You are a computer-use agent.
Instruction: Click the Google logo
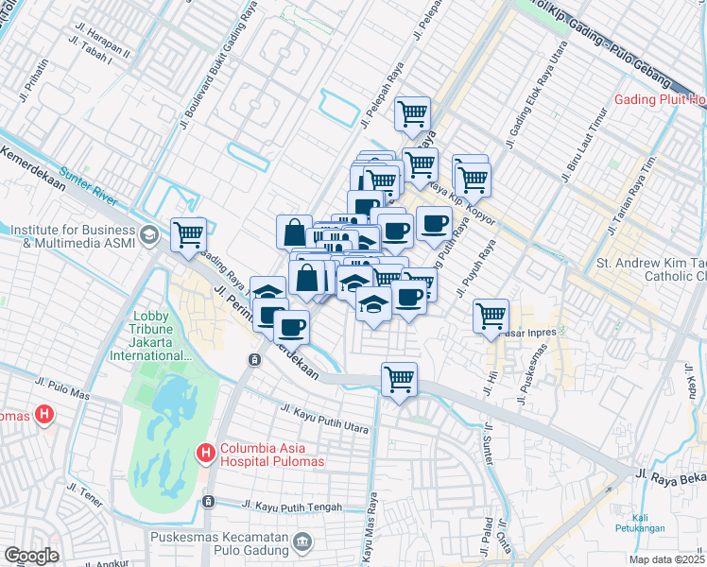pos(30,556)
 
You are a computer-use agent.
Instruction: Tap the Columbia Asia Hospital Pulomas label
pos(272,455)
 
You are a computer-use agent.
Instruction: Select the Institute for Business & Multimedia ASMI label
pos(72,235)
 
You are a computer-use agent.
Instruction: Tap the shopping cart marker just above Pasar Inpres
pos(491,315)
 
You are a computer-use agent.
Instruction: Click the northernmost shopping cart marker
pos(413,113)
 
